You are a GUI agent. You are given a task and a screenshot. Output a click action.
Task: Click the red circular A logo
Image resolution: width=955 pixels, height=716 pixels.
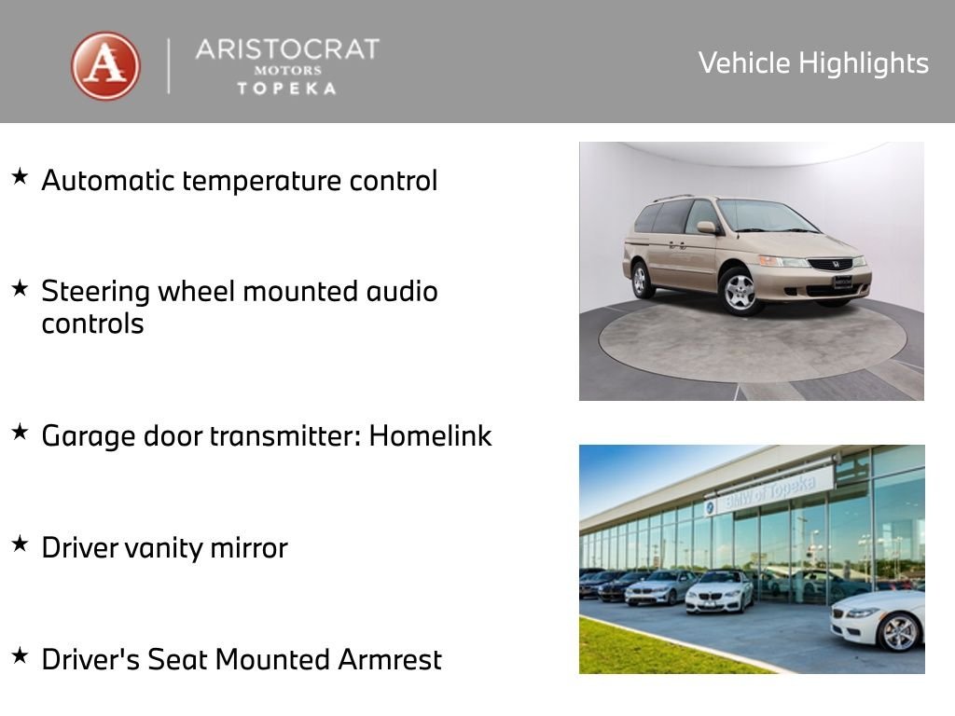[105, 66]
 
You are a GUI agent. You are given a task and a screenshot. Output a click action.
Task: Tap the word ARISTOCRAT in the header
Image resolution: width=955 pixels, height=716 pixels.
[287, 49]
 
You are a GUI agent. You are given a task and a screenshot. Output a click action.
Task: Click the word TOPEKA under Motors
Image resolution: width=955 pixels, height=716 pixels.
[287, 88]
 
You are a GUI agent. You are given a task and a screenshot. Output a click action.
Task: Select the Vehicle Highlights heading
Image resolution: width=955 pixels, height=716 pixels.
[813, 63]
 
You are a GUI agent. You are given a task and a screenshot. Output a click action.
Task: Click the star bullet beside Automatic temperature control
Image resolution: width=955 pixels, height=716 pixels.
[20, 176]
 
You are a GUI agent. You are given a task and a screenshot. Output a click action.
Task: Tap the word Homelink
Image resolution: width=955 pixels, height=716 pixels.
[430, 435]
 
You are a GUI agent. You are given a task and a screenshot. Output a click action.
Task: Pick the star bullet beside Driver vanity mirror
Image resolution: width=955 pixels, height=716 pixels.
[20, 544]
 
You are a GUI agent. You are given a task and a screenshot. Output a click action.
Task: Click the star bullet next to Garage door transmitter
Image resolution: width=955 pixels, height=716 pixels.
[20, 432]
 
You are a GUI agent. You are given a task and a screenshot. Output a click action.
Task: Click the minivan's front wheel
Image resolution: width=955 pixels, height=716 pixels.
[740, 291]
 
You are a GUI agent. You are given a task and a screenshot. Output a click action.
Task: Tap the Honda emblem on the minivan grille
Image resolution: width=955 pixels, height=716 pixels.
[830, 264]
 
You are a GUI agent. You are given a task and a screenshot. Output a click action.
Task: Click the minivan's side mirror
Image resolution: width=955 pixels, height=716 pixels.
[707, 227]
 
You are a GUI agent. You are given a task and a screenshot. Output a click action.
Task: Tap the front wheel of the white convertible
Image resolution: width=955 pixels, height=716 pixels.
[899, 632]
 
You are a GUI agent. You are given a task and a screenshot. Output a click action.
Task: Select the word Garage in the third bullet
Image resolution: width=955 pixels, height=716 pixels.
[85, 436]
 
